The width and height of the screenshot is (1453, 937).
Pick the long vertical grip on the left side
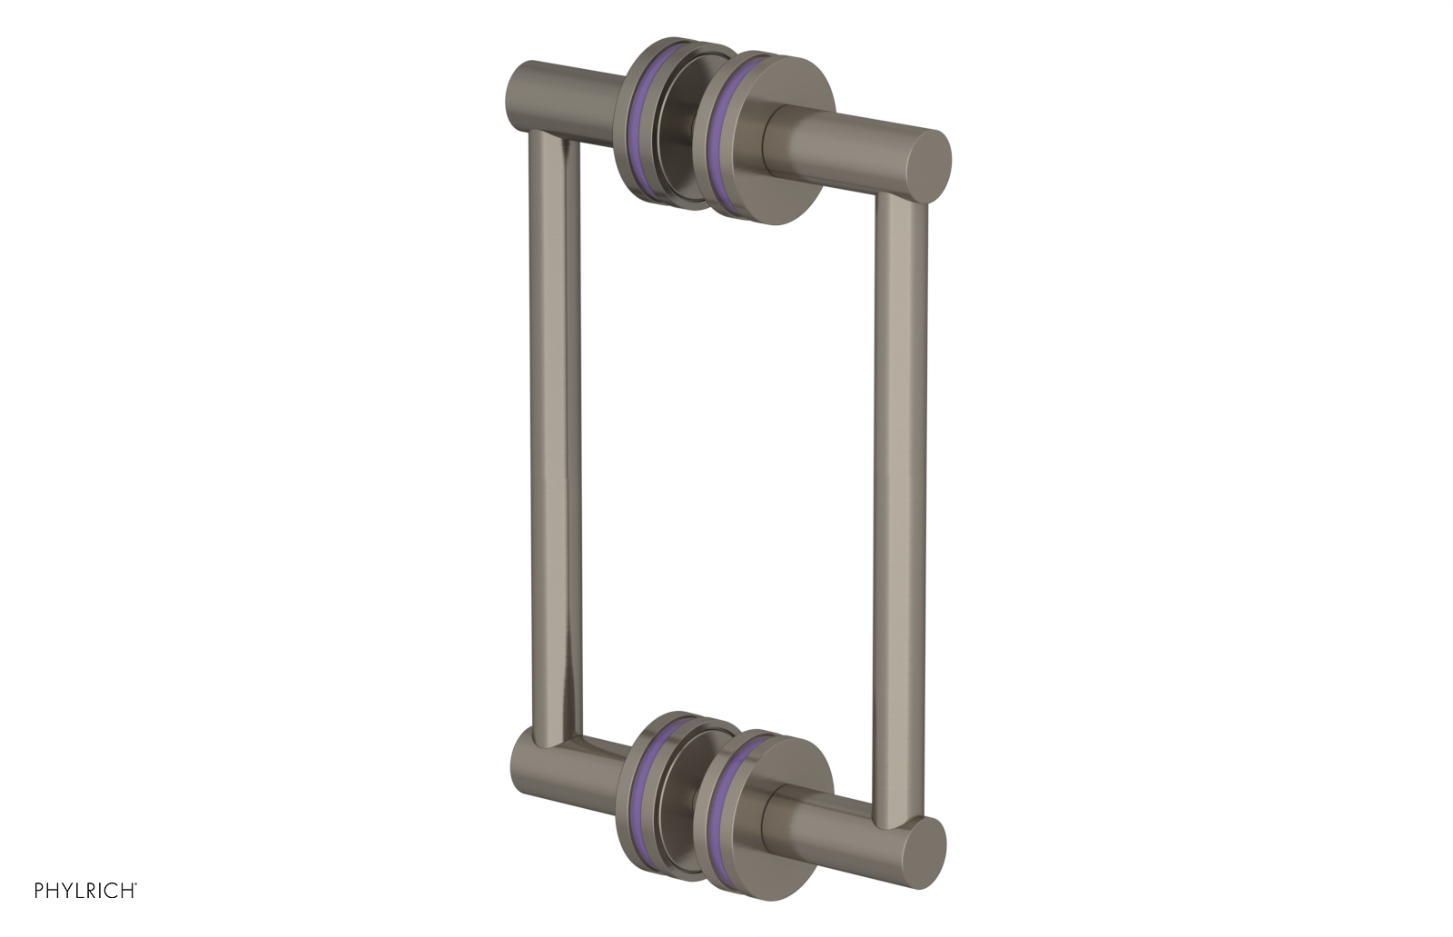tap(549, 445)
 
